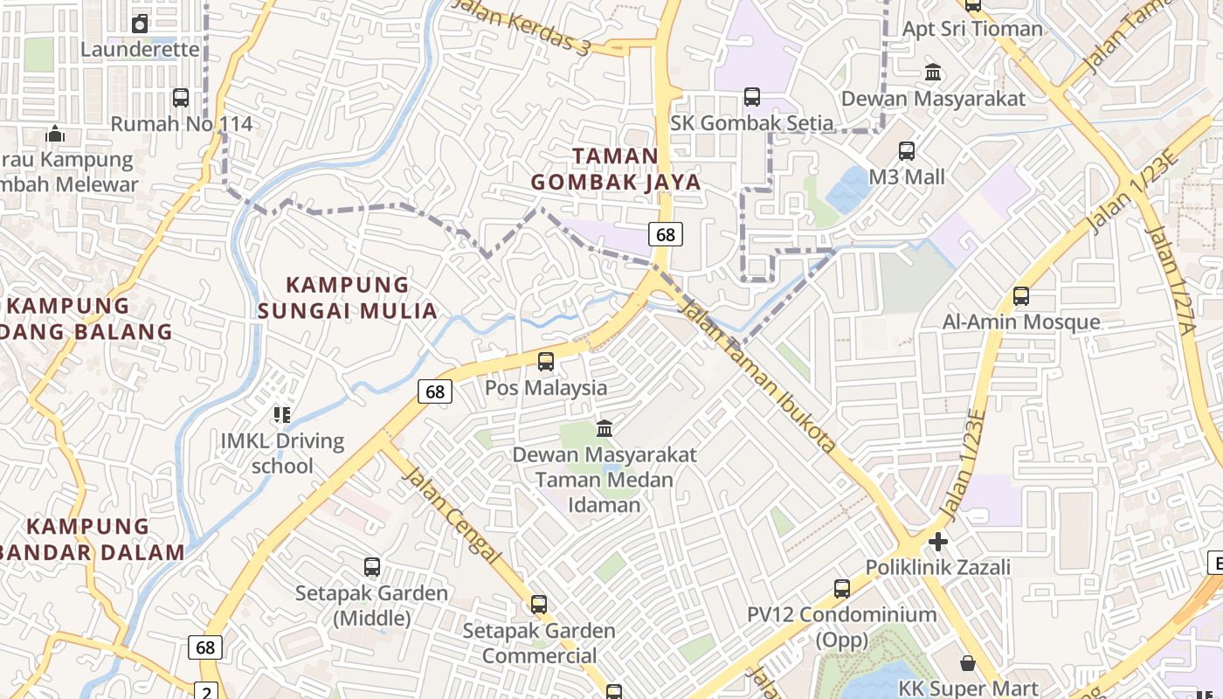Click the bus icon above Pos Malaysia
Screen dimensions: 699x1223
pyautogui.click(x=546, y=361)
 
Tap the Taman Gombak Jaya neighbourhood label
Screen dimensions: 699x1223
pyautogui.click(x=616, y=169)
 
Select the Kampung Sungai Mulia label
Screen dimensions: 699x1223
pyautogui.click(x=348, y=298)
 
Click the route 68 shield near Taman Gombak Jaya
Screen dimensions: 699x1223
pyautogui.click(x=666, y=234)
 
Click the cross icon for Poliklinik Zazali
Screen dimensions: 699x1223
pyautogui.click(x=938, y=542)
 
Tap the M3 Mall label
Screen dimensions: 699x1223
pyautogui.click(x=907, y=176)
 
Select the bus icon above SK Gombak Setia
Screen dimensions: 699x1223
pyautogui.click(x=752, y=97)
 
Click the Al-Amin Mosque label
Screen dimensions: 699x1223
pyautogui.click(x=1021, y=322)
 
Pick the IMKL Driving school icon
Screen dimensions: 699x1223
pyautogui.click(x=281, y=414)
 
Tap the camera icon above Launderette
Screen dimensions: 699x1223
pyautogui.click(x=140, y=24)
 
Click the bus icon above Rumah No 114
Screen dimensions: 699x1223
pyautogui.click(x=181, y=98)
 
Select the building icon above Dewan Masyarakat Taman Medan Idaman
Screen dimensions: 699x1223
pyautogui.click(x=605, y=428)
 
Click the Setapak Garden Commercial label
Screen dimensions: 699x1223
pyautogui.click(x=539, y=642)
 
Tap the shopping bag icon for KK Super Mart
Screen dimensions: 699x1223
pyautogui.click(x=967, y=663)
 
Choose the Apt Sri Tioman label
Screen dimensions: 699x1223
pyautogui.click(x=972, y=29)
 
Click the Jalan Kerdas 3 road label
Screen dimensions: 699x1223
pyautogui.click(x=522, y=24)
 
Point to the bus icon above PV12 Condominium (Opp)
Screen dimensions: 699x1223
pyautogui.click(x=842, y=589)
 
